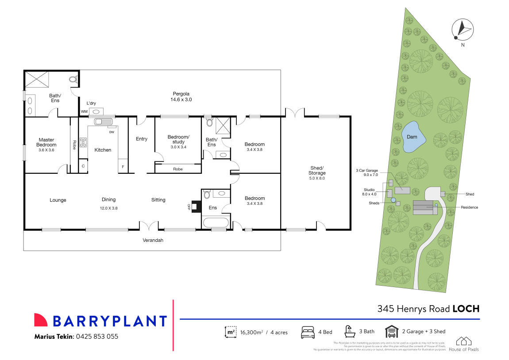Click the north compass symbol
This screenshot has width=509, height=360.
tap(461, 29)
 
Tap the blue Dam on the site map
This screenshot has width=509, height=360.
tap(413, 137)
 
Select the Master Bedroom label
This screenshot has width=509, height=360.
tap(46, 142)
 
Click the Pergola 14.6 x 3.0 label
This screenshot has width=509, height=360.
tap(181, 97)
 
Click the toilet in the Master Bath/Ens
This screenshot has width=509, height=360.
tap(73, 80)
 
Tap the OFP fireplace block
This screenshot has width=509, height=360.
tap(196, 206)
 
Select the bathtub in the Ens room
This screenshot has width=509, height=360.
tap(216, 222)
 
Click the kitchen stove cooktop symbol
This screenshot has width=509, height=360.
tap(83, 143)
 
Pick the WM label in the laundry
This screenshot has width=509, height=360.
tap(84, 112)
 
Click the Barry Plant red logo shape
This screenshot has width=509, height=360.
tap(41, 320)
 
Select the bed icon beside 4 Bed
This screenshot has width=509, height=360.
tap(308, 332)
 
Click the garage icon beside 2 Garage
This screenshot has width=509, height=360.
tap(391, 331)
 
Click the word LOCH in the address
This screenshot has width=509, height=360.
tap(466, 309)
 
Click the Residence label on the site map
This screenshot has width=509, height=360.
tap(469, 207)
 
